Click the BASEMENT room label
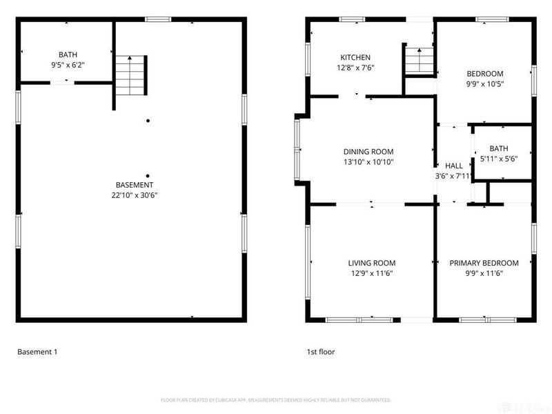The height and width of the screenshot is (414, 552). point(135,185)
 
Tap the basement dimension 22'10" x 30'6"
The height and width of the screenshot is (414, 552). point(135,195)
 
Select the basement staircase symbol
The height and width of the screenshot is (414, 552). point(132,75)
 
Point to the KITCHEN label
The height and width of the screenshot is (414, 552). point(355,57)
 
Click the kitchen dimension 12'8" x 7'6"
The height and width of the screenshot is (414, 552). point(355,68)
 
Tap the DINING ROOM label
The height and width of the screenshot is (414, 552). point(368,152)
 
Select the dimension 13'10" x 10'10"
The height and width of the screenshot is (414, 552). point(368,162)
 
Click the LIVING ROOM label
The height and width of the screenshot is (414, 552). point(371,263)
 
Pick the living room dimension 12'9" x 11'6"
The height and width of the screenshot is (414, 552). point(371,273)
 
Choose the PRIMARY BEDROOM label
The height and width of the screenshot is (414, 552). point(484,263)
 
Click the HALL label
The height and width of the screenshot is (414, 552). point(454,166)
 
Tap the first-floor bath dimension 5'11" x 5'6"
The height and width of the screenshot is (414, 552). point(498,159)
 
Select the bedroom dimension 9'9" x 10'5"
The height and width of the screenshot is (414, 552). point(485,84)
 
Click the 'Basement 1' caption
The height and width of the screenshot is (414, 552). point(37,352)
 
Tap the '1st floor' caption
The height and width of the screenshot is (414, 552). point(321,352)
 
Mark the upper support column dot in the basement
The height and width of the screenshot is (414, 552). point(147,121)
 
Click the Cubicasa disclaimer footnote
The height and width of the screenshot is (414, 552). point(276,400)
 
